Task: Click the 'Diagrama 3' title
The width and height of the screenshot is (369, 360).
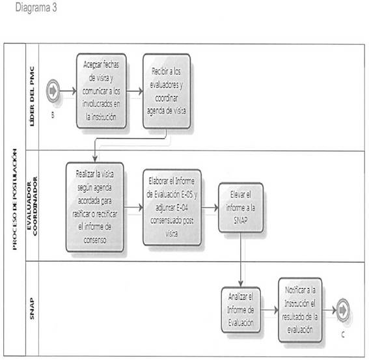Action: tap(36, 8)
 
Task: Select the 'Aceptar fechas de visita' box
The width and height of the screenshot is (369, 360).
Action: tap(102, 91)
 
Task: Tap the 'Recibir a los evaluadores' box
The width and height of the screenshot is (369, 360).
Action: tap(167, 91)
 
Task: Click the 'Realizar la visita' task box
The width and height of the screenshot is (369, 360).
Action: tap(95, 207)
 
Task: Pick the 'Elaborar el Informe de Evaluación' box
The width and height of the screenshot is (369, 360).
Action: tap(172, 208)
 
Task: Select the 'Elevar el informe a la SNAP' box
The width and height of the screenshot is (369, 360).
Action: tap(241, 208)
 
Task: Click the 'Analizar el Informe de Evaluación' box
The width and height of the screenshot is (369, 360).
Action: tap(241, 310)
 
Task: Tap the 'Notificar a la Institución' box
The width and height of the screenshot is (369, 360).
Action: tap(300, 310)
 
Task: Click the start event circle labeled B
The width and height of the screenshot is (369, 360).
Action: tap(53, 91)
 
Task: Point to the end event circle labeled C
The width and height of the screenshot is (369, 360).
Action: tap(343, 311)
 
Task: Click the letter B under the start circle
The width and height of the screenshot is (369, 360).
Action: tap(53, 115)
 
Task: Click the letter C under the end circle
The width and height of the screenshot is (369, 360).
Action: tap(343, 335)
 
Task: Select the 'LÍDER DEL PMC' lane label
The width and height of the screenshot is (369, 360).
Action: tap(32, 96)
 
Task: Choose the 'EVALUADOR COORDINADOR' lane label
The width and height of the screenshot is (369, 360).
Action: tap(32, 206)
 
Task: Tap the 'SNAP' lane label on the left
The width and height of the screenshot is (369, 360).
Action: tap(32, 309)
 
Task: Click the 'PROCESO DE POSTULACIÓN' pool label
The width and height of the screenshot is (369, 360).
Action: tap(14, 199)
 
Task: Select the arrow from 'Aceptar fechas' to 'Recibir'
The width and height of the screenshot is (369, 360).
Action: tap(135, 91)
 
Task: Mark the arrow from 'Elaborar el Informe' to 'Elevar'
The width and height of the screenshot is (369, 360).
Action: tap(210, 208)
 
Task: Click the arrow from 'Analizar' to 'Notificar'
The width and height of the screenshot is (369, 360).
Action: tap(269, 310)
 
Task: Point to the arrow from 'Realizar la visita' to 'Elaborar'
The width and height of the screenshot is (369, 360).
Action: tap(133, 208)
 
